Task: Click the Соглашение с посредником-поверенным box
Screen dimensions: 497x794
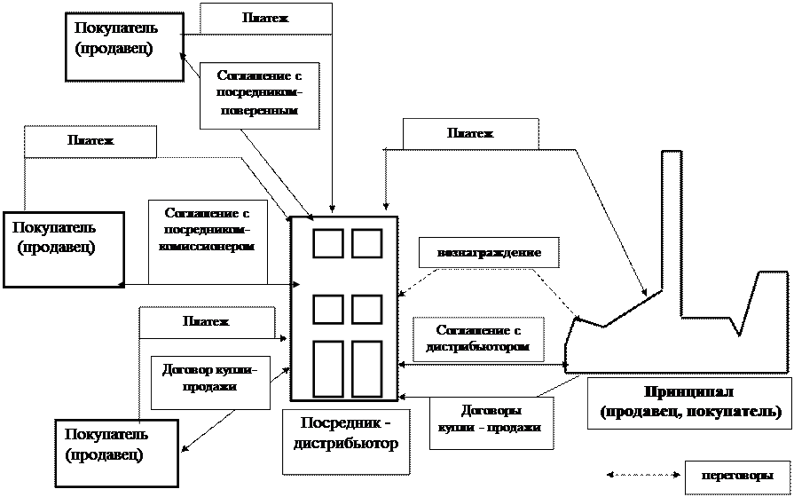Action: [x=258, y=95]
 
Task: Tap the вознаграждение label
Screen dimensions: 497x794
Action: [x=489, y=253]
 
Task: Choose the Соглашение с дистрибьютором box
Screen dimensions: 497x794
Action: [x=478, y=338]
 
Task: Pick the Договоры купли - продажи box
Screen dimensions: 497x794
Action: [x=491, y=422]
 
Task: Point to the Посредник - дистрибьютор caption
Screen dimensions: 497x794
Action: [x=346, y=432]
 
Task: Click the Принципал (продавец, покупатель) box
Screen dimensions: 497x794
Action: [x=689, y=403]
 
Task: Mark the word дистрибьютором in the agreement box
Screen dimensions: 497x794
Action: [x=478, y=347]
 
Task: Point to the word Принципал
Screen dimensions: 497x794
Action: [x=689, y=392]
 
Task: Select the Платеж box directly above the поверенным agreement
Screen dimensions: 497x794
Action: [x=265, y=19]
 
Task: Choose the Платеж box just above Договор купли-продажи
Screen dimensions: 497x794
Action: [x=206, y=322]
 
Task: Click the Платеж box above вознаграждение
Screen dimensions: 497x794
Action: [x=470, y=134]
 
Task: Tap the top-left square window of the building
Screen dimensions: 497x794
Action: [x=327, y=243]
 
